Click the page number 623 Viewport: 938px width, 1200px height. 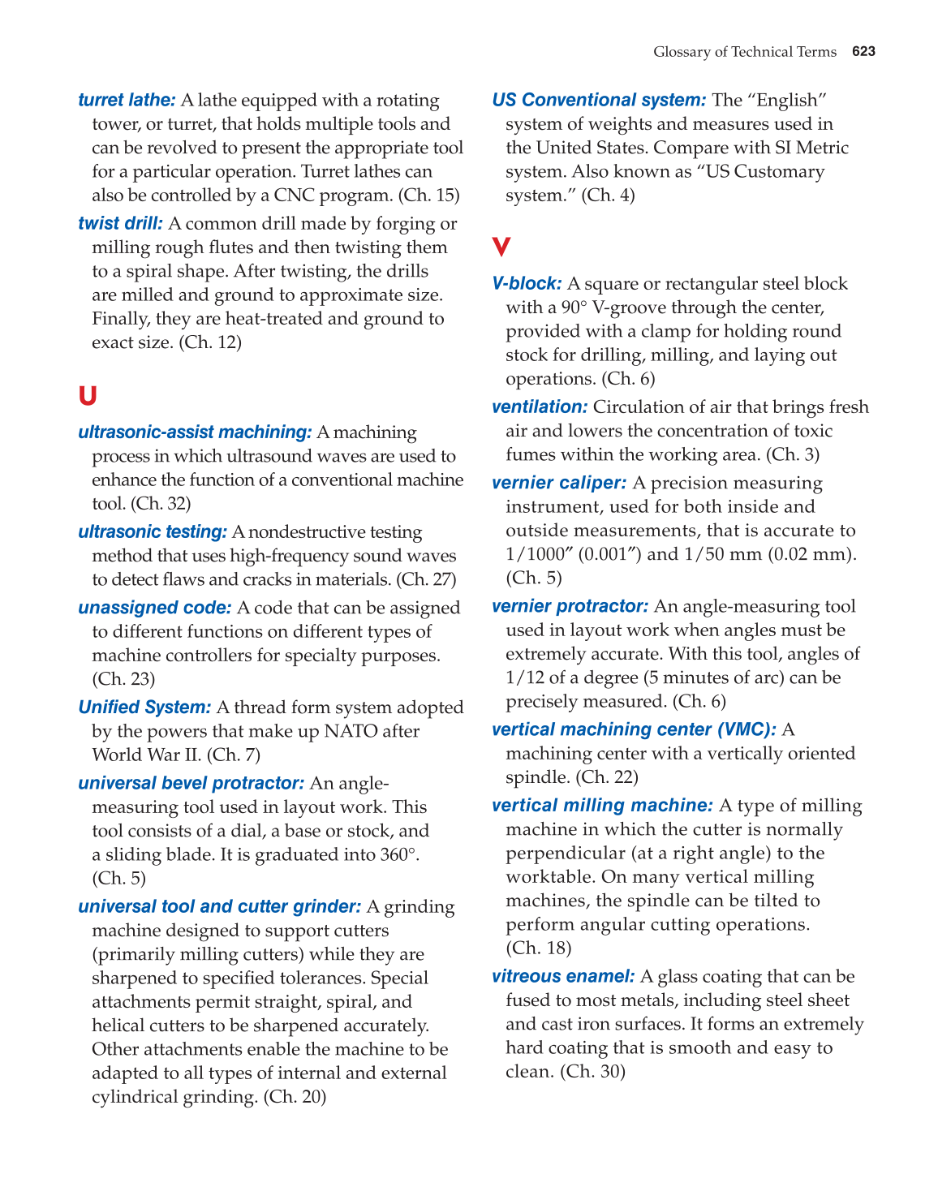pyautogui.click(x=863, y=52)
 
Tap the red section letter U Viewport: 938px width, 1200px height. pyautogui.click(x=88, y=396)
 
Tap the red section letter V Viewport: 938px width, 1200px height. pyautogui.click(x=501, y=247)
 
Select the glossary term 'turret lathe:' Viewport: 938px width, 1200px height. pyautogui.click(x=127, y=100)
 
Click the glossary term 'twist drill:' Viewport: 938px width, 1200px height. pyautogui.click(x=120, y=223)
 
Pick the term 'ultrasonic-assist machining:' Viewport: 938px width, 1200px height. pyautogui.click(x=195, y=432)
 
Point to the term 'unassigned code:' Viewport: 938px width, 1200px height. pyautogui.click(x=155, y=608)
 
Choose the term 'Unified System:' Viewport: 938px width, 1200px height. pyautogui.click(x=144, y=708)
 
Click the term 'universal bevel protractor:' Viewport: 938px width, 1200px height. pyautogui.click(x=191, y=783)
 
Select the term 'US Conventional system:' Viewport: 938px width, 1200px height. pyautogui.click(x=599, y=100)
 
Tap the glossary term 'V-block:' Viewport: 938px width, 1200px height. pyautogui.click(x=527, y=283)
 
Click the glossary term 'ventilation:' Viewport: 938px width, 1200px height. pyautogui.click(x=540, y=406)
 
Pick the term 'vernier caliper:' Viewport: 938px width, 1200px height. pyautogui.click(x=559, y=483)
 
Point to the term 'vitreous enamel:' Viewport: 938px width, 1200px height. pyautogui.click(x=563, y=976)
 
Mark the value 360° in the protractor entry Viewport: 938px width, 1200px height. pyautogui.click(x=398, y=854)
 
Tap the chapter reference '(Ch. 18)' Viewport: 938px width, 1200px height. pyautogui.click(x=539, y=948)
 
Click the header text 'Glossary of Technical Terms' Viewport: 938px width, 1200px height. pyautogui.click(x=744, y=52)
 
